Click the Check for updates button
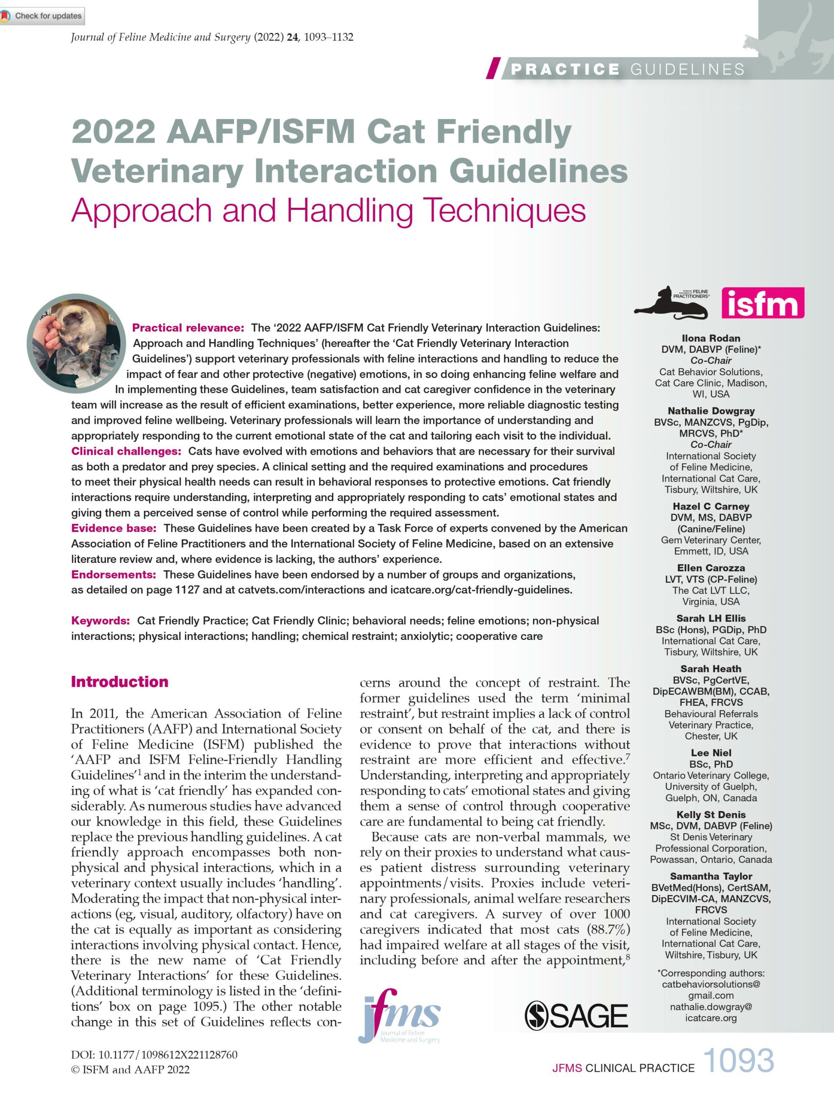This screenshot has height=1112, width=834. pyautogui.click(x=42, y=16)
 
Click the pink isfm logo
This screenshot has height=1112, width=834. pyautogui.click(x=762, y=303)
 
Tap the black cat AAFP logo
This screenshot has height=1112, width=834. pyautogui.click(x=672, y=303)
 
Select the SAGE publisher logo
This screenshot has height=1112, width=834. pyautogui.click(x=576, y=1016)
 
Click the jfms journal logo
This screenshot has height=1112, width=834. pyautogui.click(x=400, y=1016)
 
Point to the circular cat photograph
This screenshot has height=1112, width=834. pyautogui.click(x=76, y=343)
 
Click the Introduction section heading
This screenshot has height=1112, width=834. pyautogui.click(x=119, y=682)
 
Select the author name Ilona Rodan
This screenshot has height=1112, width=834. pyautogui.click(x=711, y=338)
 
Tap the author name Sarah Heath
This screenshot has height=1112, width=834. pyautogui.click(x=711, y=669)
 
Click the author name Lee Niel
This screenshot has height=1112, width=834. pyautogui.click(x=711, y=753)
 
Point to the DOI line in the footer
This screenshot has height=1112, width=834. pyautogui.click(x=154, y=1055)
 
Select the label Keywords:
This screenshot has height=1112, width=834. pyautogui.click(x=100, y=621)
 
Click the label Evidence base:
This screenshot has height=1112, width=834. pyautogui.click(x=114, y=528)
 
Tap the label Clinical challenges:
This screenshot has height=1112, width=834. pyautogui.click(x=126, y=451)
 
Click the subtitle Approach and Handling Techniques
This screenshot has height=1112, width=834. pyautogui.click(x=328, y=210)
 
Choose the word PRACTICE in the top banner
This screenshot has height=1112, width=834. pyautogui.click(x=565, y=69)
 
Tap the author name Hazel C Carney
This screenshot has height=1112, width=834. pyautogui.click(x=711, y=506)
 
